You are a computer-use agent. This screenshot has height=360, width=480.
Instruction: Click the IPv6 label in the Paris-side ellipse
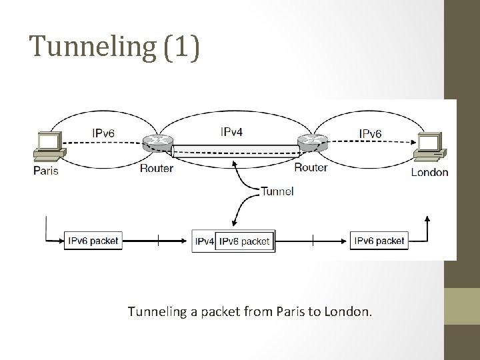(x=103, y=133)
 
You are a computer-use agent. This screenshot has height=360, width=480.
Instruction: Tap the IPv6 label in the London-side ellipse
(x=371, y=133)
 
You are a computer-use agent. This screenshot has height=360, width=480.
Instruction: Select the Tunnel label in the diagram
(x=277, y=191)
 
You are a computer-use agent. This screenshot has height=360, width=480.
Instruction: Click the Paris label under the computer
(x=46, y=171)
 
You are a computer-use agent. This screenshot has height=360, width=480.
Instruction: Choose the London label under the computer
(x=429, y=172)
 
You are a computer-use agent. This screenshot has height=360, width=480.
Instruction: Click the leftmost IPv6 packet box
(x=93, y=241)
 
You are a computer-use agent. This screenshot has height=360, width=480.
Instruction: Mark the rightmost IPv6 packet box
(x=379, y=241)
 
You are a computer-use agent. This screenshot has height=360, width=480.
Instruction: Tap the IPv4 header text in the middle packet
(x=204, y=241)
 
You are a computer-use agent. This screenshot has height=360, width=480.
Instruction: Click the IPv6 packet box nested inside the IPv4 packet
(x=244, y=241)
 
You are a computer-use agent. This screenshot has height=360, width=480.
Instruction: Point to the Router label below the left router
(x=157, y=167)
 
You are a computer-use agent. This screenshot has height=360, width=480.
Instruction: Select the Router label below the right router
(x=311, y=167)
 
